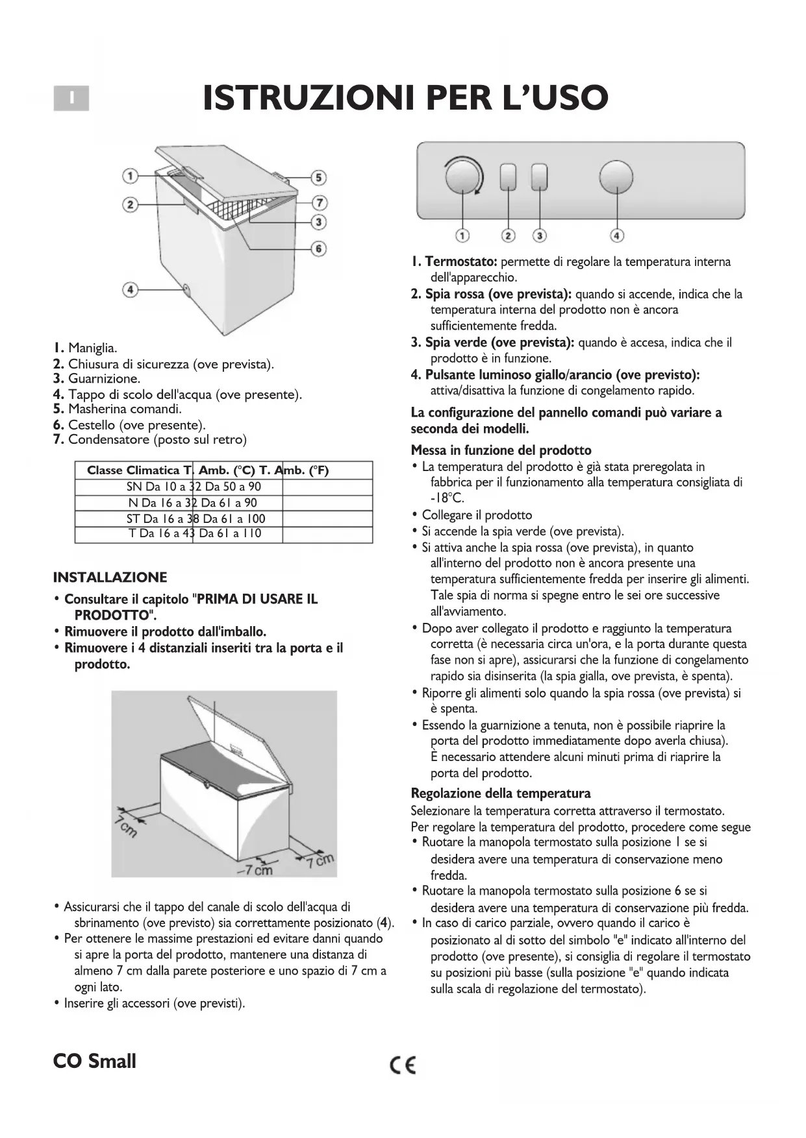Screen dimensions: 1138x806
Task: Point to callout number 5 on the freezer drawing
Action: click(x=318, y=177)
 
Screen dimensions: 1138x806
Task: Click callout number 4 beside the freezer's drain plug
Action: click(x=131, y=289)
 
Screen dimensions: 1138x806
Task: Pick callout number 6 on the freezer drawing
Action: click(x=318, y=248)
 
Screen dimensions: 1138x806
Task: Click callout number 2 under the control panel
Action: click(x=509, y=236)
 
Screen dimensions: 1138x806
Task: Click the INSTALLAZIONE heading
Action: click(x=110, y=577)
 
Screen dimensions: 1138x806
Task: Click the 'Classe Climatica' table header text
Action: click(x=132, y=470)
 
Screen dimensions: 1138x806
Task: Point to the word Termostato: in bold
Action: click(x=461, y=262)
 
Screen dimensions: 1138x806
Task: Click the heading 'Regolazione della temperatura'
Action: click(x=501, y=793)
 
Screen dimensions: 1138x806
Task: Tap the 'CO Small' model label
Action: click(x=95, y=1061)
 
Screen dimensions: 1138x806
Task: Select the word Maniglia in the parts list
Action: click(x=92, y=348)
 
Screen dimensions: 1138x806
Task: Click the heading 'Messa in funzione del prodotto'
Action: click(x=501, y=450)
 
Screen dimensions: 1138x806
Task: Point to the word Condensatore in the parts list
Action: click(x=108, y=440)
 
